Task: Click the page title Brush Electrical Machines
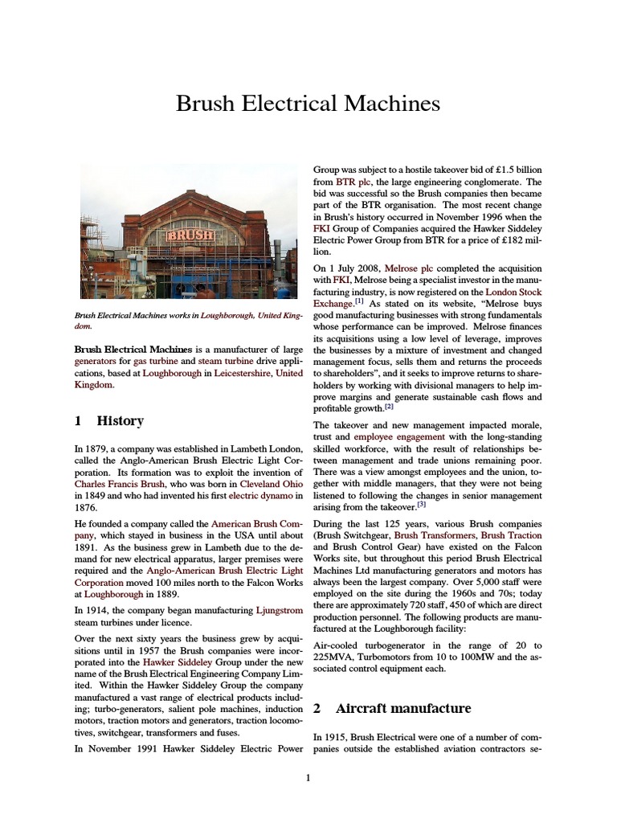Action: pos(308,104)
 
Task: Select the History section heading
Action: pos(120,420)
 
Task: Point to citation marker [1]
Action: pos(359,303)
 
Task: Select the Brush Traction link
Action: pos(511,535)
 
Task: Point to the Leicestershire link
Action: pos(244,374)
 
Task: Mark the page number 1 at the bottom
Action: pos(308,778)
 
